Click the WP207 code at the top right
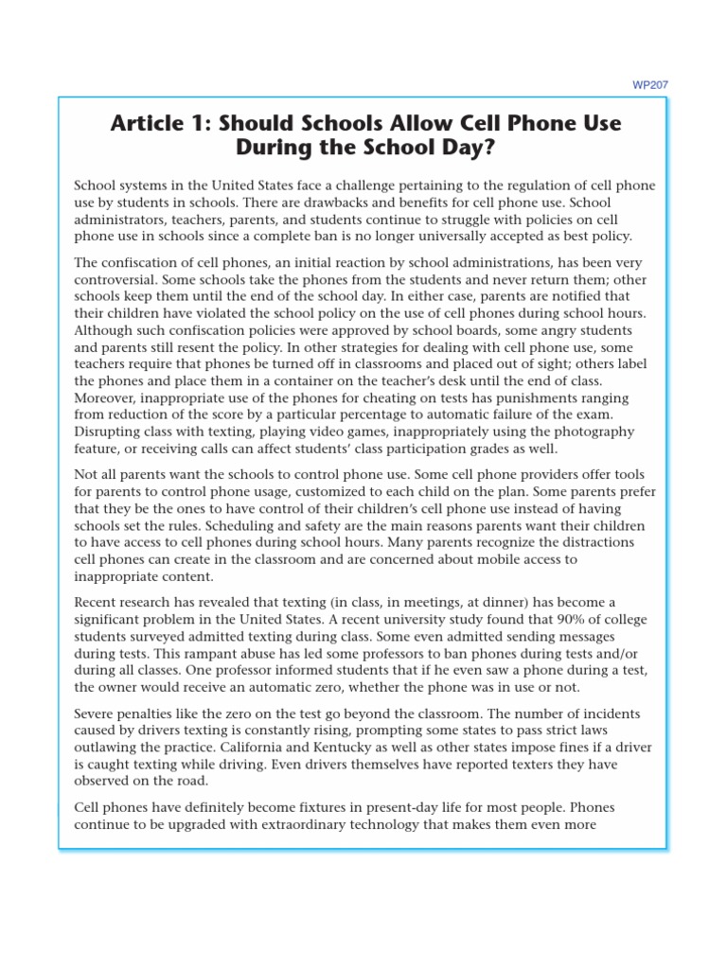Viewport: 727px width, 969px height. pyautogui.click(x=649, y=84)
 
